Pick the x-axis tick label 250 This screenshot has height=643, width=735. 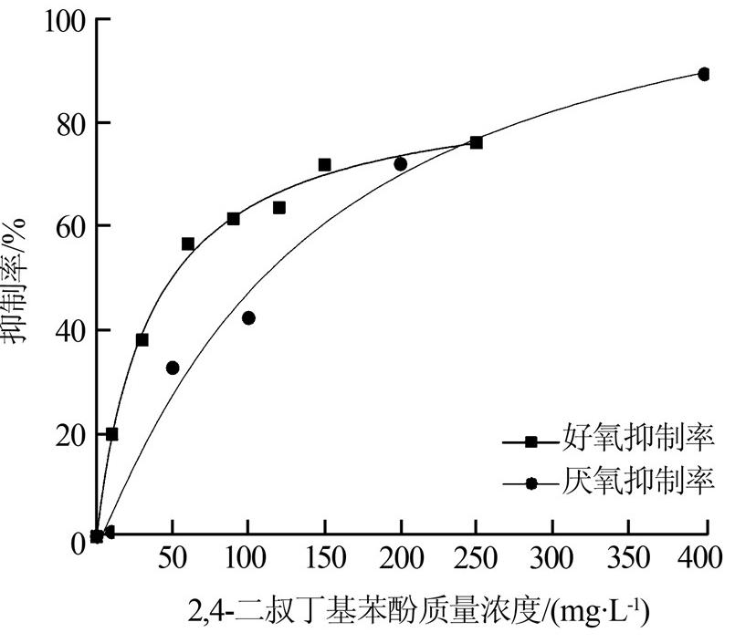[x=476, y=557]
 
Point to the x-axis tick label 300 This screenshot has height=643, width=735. [x=551, y=557]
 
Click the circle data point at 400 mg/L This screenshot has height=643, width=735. [x=704, y=74]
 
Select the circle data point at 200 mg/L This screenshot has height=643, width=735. [x=400, y=164]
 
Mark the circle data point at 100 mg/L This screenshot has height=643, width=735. [x=248, y=318]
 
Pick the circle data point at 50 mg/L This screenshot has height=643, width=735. [x=173, y=368]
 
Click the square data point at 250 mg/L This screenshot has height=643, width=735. [x=476, y=142]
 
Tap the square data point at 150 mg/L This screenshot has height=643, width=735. [x=324, y=165]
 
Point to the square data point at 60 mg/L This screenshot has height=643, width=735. [x=188, y=244]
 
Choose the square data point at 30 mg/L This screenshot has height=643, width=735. [x=142, y=339]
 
